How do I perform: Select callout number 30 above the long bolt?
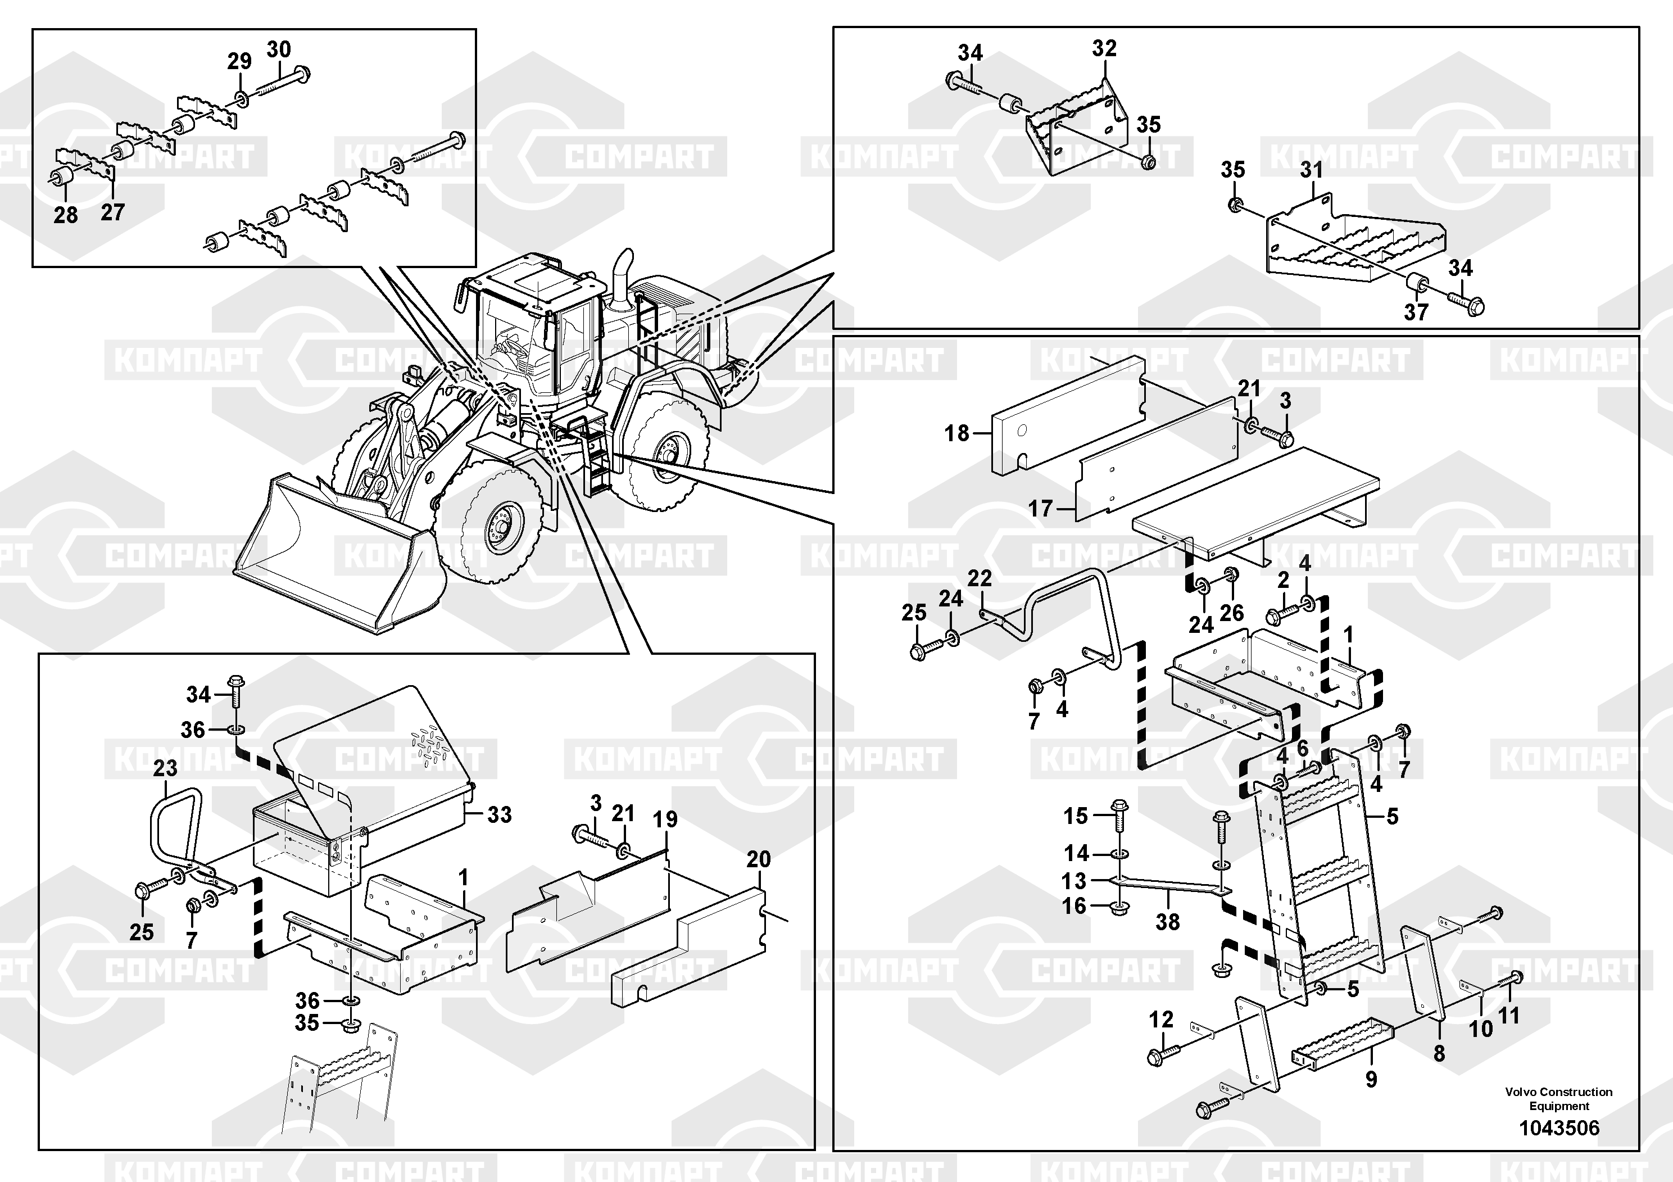click(278, 49)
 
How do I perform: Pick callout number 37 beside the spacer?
click(1416, 312)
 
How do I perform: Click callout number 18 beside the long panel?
click(956, 433)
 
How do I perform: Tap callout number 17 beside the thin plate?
click(1040, 508)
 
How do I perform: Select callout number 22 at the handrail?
click(980, 578)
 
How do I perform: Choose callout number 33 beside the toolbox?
click(499, 815)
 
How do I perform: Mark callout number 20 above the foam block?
click(759, 859)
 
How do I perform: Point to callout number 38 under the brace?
click(1167, 922)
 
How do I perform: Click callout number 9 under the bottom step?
click(1371, 1079)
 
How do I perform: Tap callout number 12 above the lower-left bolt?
click(1162, 1020)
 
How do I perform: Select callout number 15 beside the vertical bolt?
click(1076, 816)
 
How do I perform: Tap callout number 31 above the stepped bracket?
click(1312, 170)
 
